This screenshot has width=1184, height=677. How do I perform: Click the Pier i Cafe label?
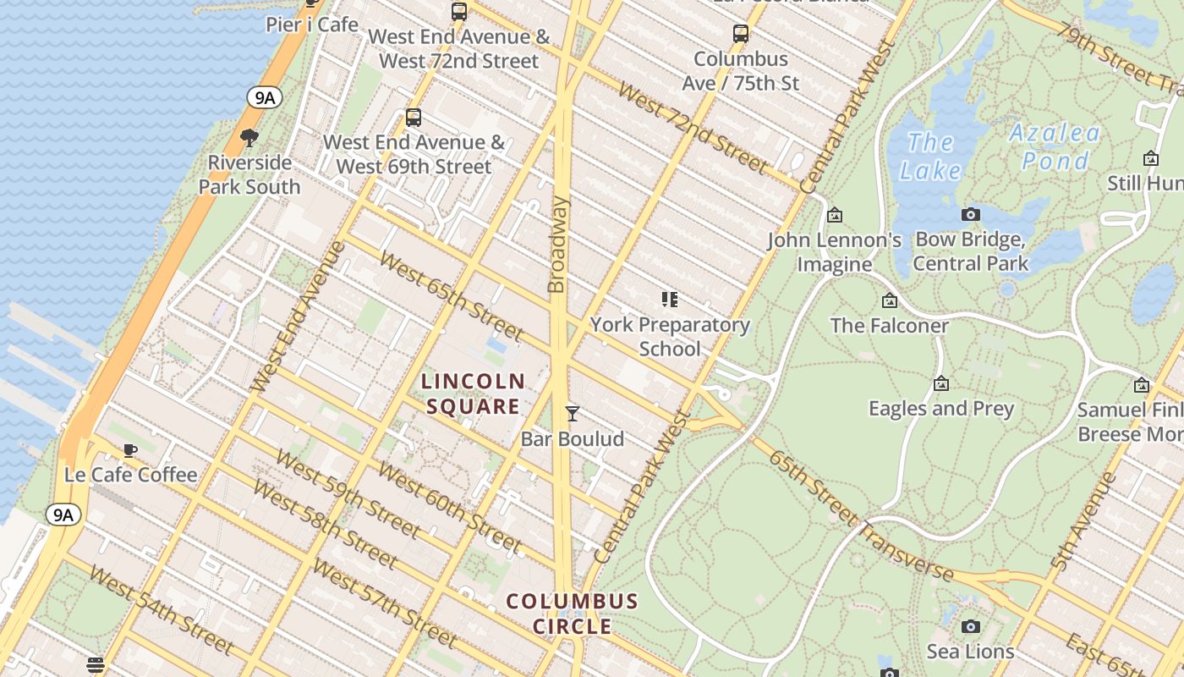coord(312,24)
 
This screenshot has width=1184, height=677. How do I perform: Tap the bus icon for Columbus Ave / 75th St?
coord(741,34)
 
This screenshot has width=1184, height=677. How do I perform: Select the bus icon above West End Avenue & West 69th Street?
coord(414,118)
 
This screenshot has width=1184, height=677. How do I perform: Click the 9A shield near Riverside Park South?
coord(265,97)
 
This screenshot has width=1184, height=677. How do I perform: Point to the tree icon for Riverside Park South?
coord(249,137)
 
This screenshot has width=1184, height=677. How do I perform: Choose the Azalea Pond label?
coord(1055,146)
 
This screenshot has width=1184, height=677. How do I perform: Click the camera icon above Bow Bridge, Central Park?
coord(971,215)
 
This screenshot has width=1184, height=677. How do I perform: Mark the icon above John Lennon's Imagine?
coord(835,216)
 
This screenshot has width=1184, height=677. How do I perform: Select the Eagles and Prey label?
coord(941,409)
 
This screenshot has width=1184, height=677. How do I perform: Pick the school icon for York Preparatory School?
coord(670,300)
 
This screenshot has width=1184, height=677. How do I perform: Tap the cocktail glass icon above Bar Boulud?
coord(573,414)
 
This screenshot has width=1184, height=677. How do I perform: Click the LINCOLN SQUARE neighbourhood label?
coord(474,394)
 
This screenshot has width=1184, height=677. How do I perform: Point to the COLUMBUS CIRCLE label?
coord(573,614)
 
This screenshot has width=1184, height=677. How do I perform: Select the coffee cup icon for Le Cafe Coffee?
coord(129,450)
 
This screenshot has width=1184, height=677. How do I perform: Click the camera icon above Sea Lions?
coord(971,627)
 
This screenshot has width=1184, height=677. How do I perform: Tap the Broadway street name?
coord(558,245)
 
